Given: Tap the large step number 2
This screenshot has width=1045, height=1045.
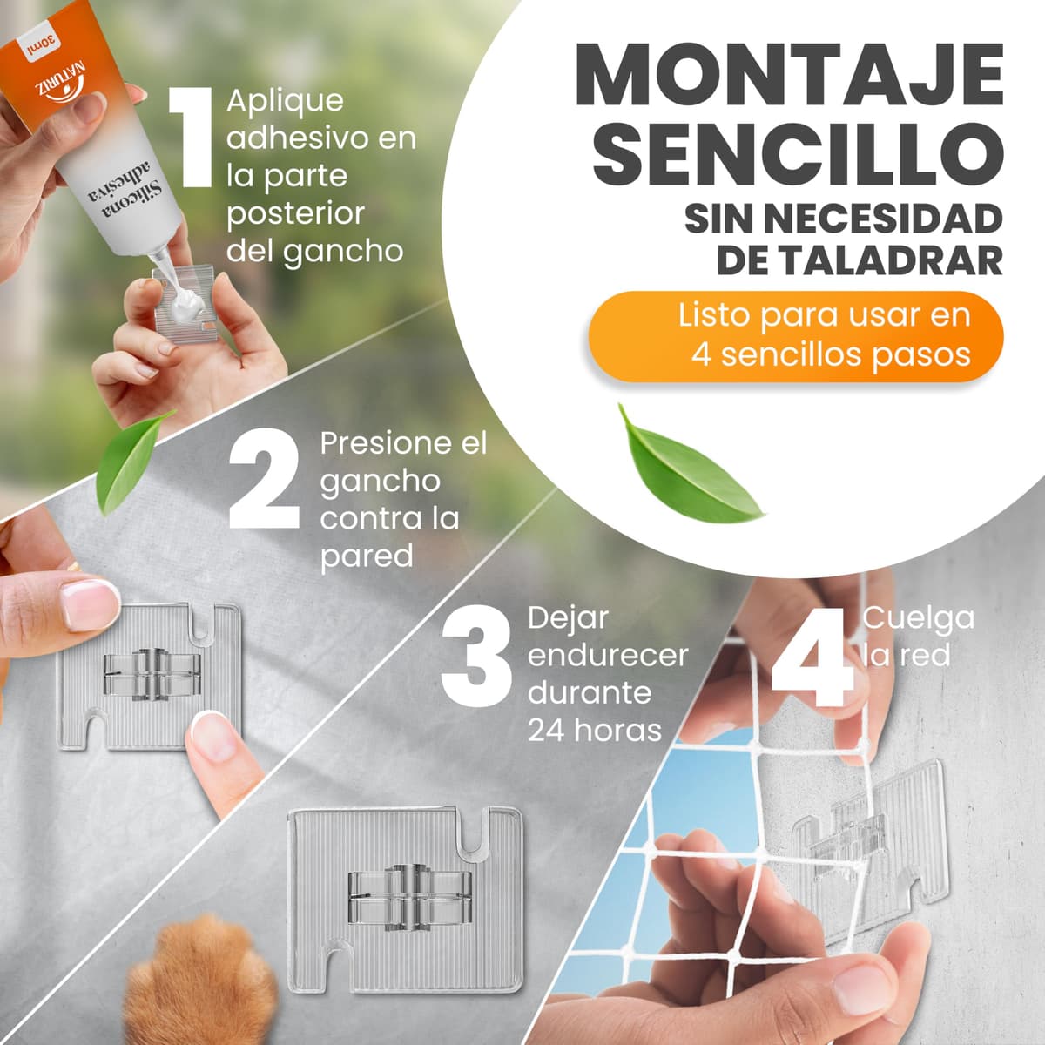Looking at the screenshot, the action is [264, 478].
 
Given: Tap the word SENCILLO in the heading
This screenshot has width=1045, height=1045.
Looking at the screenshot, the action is [798, 153].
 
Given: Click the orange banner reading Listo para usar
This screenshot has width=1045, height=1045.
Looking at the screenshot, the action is [796, 336].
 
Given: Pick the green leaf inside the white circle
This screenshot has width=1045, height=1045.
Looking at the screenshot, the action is [686, 467].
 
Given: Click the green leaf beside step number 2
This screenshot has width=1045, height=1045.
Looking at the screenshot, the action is [131, 462].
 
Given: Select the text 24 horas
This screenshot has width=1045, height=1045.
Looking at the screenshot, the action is [595, 730].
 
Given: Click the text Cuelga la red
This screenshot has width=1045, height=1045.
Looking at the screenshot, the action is [918, 637].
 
